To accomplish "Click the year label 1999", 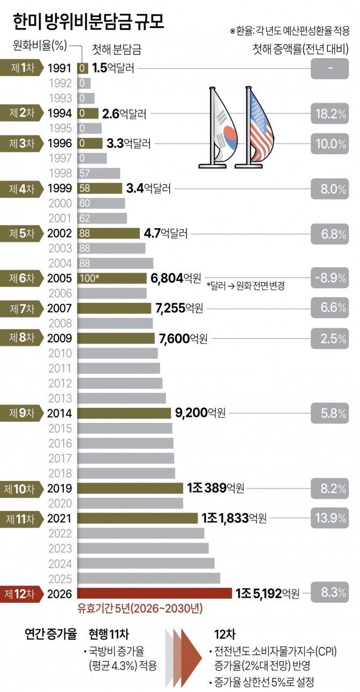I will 60,189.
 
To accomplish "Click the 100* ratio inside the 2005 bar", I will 89,278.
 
